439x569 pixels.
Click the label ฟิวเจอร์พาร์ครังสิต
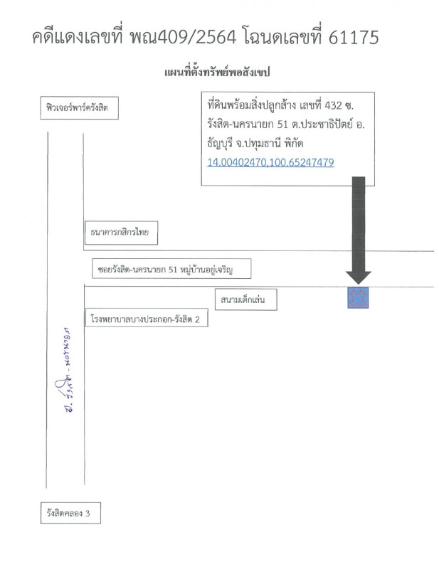pyautogui.click(x=79, y=109)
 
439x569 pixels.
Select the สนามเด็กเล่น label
pyautogui.click(x=244, y=300)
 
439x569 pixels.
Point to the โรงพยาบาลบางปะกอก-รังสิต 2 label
pyautogui.click(x=149, y=320)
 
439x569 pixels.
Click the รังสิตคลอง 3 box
pyautogui.click(x=70, y=512)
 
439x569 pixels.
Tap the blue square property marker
pyautogui.click(x=358, y=298)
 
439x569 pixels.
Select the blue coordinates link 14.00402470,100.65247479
pyautogui.click(x=270, y=163)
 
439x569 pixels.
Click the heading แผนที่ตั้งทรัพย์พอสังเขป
pyautogui.click(x=219, y=73)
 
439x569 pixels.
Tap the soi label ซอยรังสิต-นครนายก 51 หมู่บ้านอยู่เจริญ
pyautogui.click(x=173, y=270)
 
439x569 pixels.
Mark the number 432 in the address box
pyautogui.click(x=334, y=105)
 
